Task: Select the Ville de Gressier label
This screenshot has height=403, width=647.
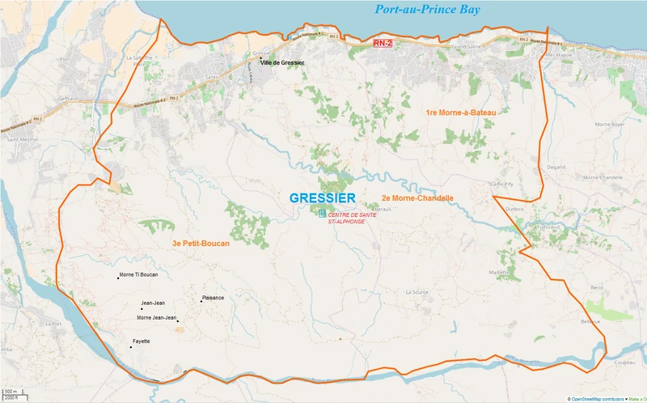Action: [281, 62]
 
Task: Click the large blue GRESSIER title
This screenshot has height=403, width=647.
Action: [323, 198]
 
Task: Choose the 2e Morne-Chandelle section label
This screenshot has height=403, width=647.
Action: [417, 197]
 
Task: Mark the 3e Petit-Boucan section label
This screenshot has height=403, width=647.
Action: [201, 244]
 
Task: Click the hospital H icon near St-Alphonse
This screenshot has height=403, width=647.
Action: [323, 214]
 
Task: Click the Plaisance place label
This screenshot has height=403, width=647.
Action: [213, 297]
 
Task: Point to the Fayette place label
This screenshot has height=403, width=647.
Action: [142, 341]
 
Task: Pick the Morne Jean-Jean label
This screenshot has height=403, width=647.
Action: [156, 317]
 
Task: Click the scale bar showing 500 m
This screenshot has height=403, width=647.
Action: [11, 395]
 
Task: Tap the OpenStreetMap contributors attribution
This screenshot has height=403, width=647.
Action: [603, 398]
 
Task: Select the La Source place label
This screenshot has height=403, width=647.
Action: [417, 292]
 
